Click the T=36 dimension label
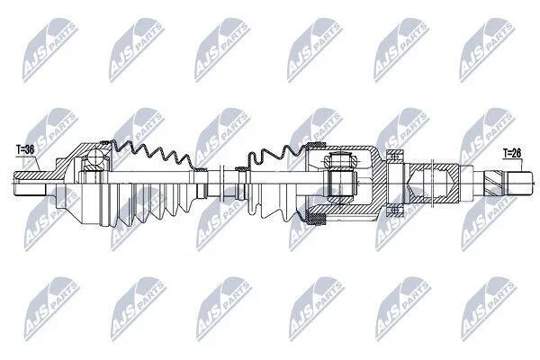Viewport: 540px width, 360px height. pos(25,149)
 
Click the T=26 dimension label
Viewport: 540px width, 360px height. pos(512,153)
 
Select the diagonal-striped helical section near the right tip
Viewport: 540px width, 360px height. pos(494,184)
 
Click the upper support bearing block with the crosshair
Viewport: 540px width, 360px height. pos(395,157)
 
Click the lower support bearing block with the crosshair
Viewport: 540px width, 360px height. pos(395,210)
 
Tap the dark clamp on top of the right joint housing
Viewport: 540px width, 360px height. pos(316,145)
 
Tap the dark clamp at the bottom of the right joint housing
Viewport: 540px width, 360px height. pos(316,219)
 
